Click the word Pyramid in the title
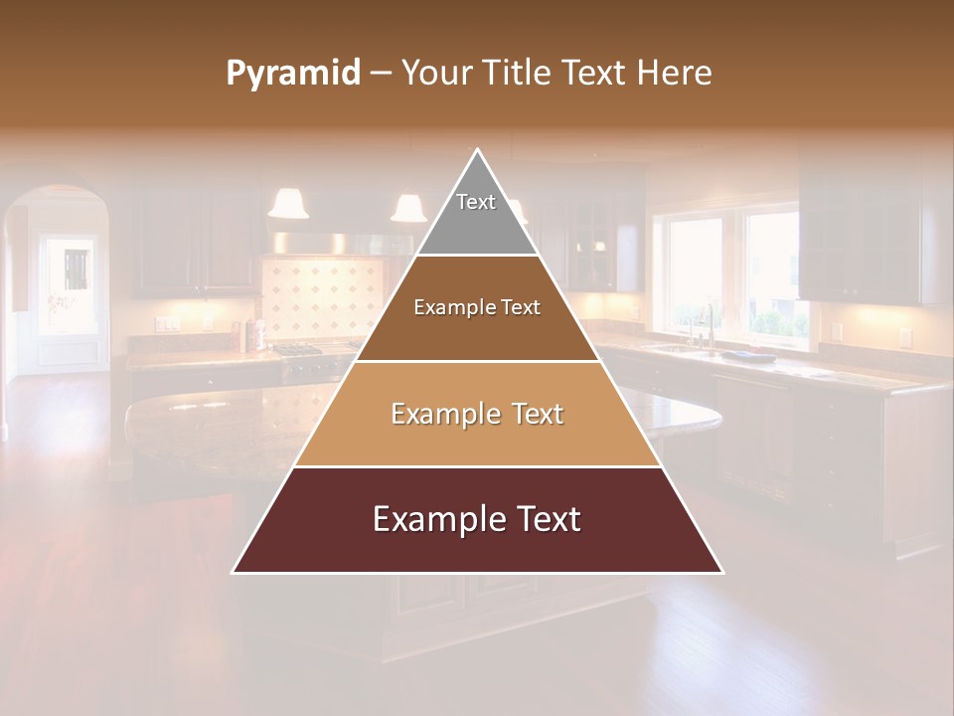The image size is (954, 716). point(292,74)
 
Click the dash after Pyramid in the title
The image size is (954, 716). point(381,74)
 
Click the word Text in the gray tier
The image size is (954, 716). point(476,202)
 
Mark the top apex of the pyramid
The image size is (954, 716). point(478,150)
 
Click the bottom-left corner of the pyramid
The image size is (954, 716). point(234,572)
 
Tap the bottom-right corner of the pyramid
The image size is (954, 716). point(722,572)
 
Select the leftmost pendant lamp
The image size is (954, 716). point(288,203)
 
